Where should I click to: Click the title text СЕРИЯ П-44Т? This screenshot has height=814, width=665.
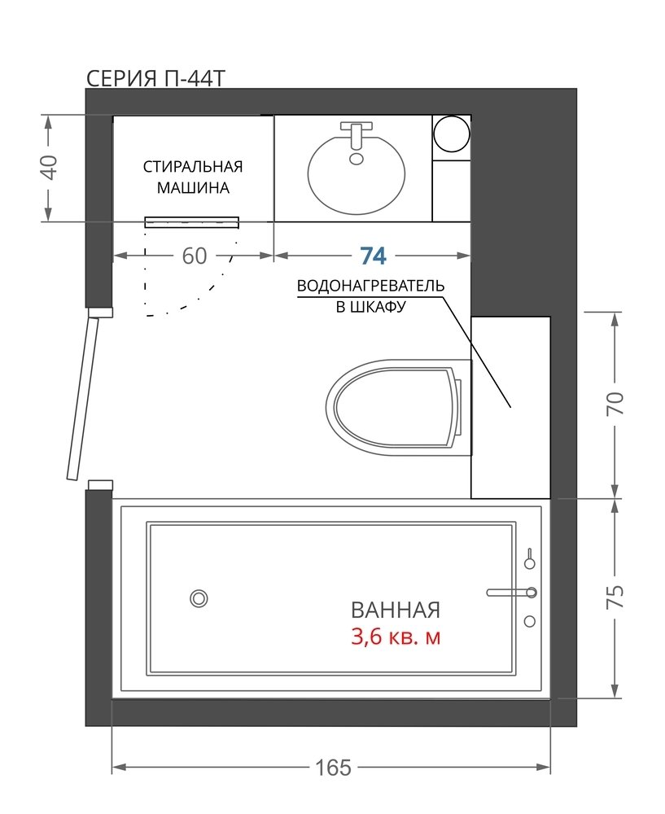[x=155, y=79]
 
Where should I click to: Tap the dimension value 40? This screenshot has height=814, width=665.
[x=50, y=167]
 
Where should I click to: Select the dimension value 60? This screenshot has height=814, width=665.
[x=195, y=256]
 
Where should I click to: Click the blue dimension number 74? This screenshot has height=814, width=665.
[x=374, y=256]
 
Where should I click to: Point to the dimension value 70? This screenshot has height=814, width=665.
[x=615, y=404]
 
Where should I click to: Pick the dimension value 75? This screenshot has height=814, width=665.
[x=615, y=597]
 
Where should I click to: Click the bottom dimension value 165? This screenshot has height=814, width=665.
[x=333, y=768]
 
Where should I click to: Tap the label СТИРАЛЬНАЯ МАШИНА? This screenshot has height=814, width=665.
[x=193, y=177]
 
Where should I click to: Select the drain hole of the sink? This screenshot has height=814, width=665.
[x=357, y=159]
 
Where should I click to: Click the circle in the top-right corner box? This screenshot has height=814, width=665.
[x=451, y=133]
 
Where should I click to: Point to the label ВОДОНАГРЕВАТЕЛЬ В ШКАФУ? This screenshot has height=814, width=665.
[x=370, y=296]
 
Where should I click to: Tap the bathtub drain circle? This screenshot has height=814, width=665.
[x=199, y=598]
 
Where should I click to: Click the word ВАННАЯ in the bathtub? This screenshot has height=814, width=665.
[x=396, y=610]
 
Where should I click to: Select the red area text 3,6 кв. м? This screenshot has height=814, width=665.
[x=396, y=637]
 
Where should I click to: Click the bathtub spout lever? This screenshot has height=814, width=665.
[x=510, y=593]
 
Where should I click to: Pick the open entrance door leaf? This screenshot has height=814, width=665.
[x=82, y=399]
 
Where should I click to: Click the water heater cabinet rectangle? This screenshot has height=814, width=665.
[x=510, y=408]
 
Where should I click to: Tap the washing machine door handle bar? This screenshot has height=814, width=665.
[x=192, y=223]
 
